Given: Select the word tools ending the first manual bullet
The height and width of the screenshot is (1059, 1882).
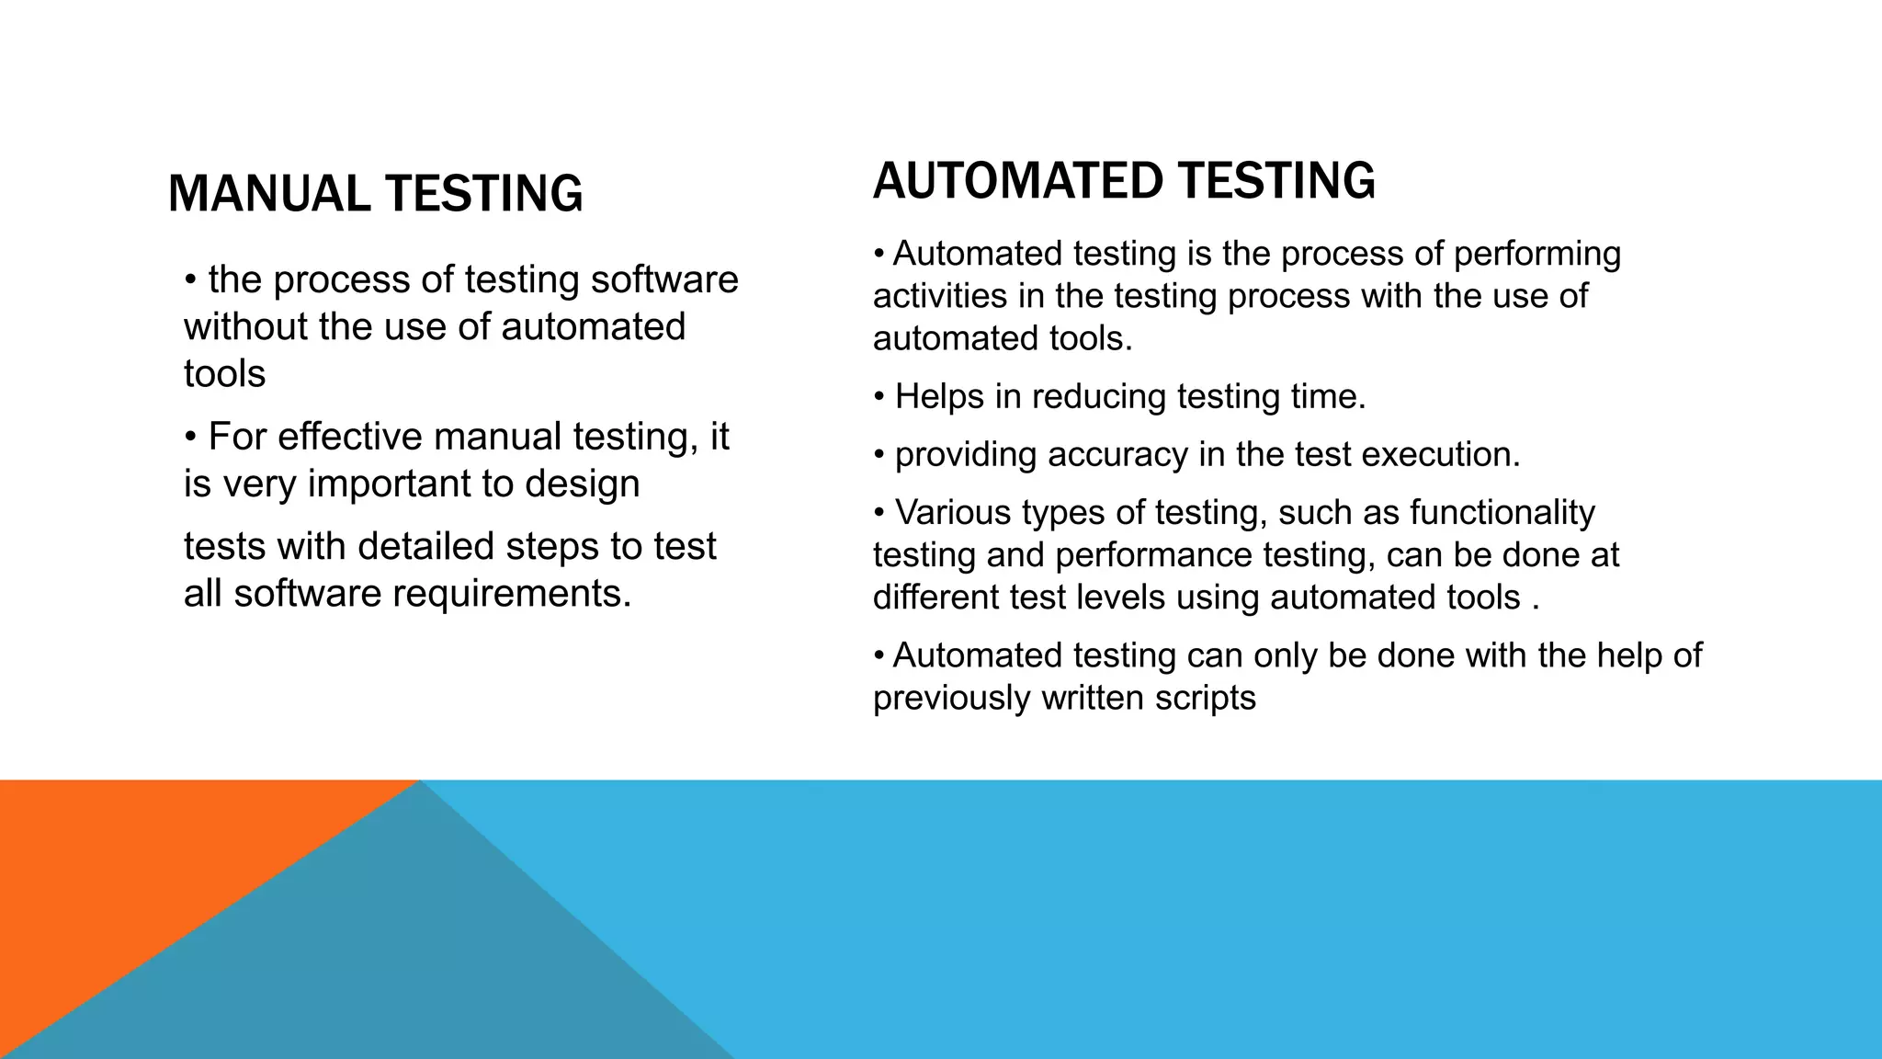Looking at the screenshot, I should [224, 374].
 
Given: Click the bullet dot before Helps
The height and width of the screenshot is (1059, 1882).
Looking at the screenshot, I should [879, 397].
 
